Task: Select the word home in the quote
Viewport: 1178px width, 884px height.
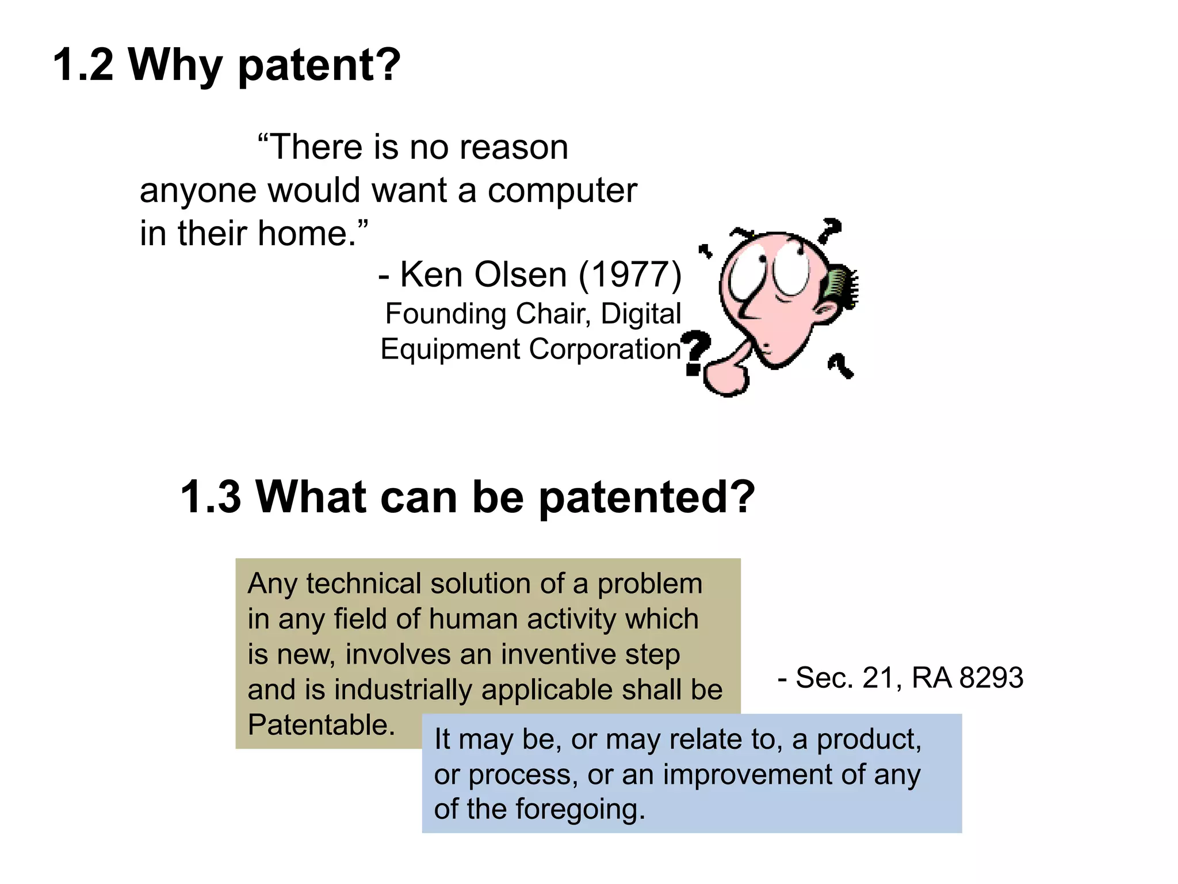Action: pyautogui.click(x=302, y=234)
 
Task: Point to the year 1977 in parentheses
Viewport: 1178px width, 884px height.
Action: pyautogui.click(x=630, y=275)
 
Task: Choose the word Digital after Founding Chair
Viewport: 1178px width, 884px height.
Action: pyautogui.click(x=641, y=314)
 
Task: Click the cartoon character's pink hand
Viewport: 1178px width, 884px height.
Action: pyautogui.click(x=726, y=377)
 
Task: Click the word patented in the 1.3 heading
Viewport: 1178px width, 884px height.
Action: pyautogui.click(x=646, y=497)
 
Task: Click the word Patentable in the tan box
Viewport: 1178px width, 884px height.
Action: pyautogui.click(x=321, y=725)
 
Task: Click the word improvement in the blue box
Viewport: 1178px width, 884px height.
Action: pyautogui.click(x=748, y=775)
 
